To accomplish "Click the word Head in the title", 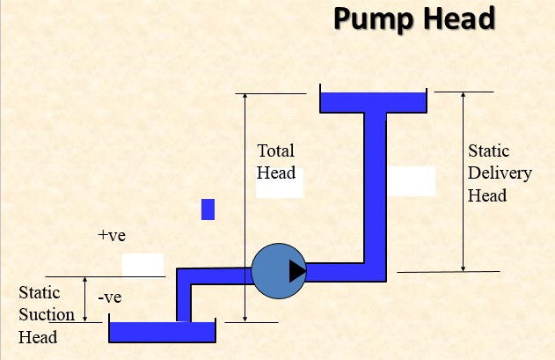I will [453, 19].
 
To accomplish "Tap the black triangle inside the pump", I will [297, 270].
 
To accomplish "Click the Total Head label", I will [275, 162].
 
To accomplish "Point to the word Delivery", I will [500, 173].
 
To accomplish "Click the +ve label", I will [113, 236].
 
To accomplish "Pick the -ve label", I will [110, 298].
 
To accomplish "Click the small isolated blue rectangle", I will [208, 209].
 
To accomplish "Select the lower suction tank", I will [162, 333].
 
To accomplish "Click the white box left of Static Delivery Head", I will [412, 180].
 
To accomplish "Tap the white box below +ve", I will [142, 263].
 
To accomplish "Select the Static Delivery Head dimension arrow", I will [464, 180].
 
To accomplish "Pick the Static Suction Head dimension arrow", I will [84, 299].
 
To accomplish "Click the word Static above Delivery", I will [488, 151].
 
